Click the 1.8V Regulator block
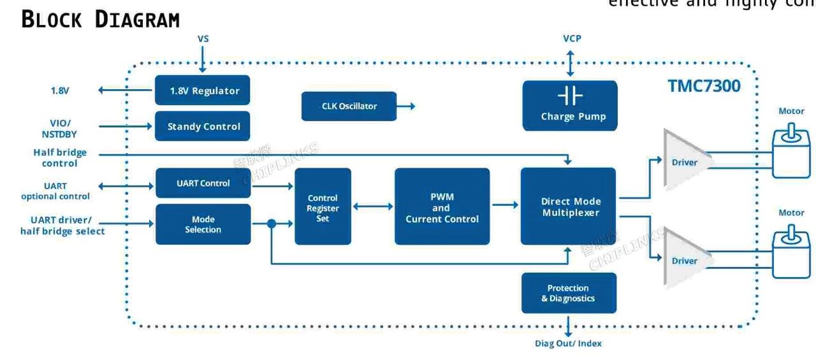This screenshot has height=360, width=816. pyautogui.click(x=202, y=90)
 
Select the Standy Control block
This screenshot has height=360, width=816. pyautogui.click(x=202, y=126)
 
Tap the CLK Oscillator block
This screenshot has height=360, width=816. pyautogui.click(x=349, y=106)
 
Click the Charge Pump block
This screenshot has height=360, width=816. pyautogui.click(x=570, y=106)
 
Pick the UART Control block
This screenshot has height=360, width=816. pyautogui.click(x=203, y=184)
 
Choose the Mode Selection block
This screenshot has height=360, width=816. pyautogui.click(x=203, y=224)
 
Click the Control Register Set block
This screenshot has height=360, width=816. pyautogui.click(x=323, y=206)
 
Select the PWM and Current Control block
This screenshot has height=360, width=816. pyautogui.click(x=442, y=206)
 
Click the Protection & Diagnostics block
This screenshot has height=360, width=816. pyautogui.click(x=569, y=293)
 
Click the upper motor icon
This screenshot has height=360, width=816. pyautogui.click(x=790, y=150)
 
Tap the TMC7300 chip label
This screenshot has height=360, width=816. pyautogui.click(x=704, y=86)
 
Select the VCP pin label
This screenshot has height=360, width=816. pyautogui.click(x=571, y=39)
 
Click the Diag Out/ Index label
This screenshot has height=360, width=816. pyautogui.click(x=567, y=343)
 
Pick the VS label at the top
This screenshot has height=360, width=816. pyautogui.click(x=203, y=39)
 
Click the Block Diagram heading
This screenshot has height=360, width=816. pyautogui.click(x=101, y=20)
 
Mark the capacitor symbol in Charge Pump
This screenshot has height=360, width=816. pyautogui.click(x=570, y=96)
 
